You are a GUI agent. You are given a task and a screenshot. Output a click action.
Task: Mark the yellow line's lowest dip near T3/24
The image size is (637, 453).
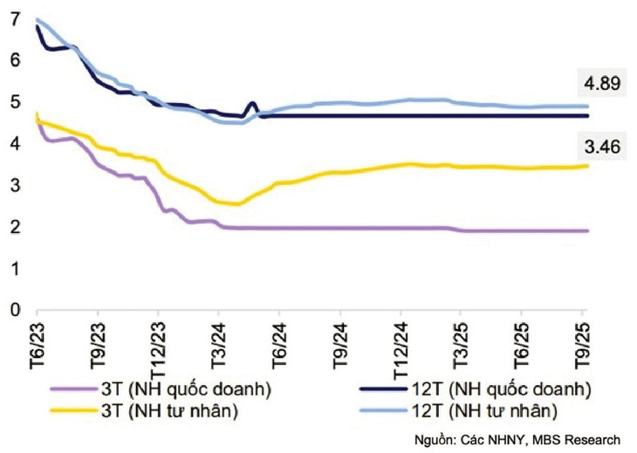coord(234,204)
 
